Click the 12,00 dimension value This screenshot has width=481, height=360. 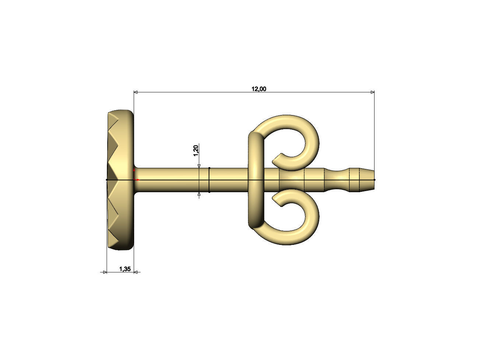point(259,89)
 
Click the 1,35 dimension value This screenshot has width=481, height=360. point(125,269)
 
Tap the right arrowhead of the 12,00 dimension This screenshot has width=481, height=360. point(372,92)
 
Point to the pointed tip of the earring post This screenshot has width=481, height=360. point(374,180)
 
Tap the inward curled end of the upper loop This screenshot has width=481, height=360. point(277,159)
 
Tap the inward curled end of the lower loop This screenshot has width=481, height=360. point(277,200)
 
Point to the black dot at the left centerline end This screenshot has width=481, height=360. point(107,180)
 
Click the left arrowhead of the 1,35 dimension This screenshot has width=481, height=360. point(105,272)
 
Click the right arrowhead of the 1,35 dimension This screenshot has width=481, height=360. point(136,272)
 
